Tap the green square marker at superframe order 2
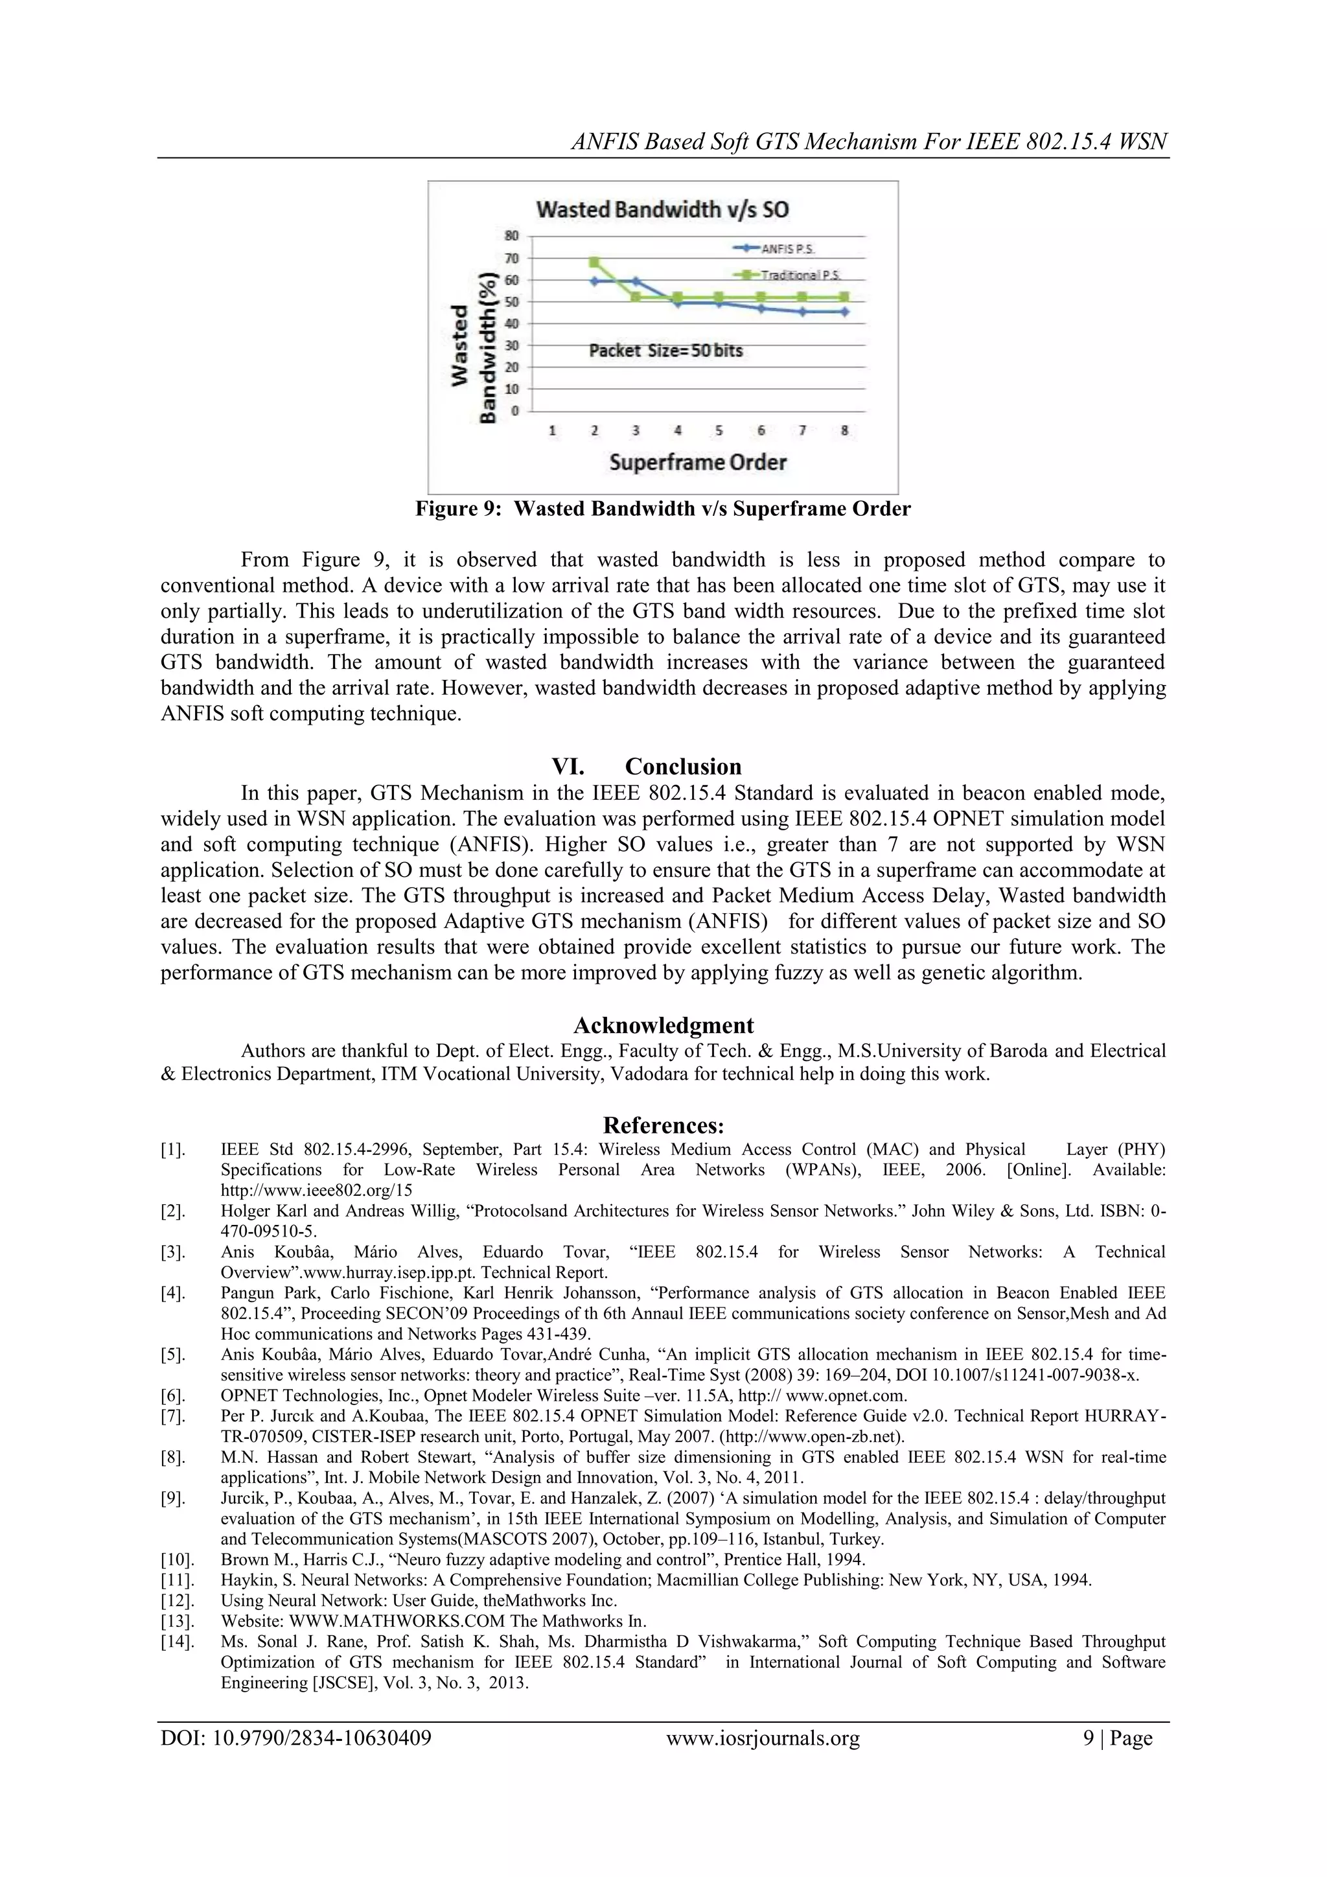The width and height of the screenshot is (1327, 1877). click(x=594, y=262)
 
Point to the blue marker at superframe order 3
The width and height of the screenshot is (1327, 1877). click(x=636, y=281)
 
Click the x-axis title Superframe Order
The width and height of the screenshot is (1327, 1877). click(x=698, y=462)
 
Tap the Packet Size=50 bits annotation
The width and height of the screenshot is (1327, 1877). click(x=666, y=351)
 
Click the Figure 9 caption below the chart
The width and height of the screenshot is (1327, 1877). click(x=663, y=509)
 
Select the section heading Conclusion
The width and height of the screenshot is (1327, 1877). click(x=683, y=766)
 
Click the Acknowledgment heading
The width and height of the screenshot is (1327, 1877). click(x=663, y=1025)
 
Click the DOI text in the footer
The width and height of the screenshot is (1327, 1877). click(x=296, y=1738)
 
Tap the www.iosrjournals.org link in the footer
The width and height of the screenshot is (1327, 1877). click(x=763, y=1738)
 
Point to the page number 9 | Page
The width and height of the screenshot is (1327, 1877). click(x=1118, y=1738)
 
